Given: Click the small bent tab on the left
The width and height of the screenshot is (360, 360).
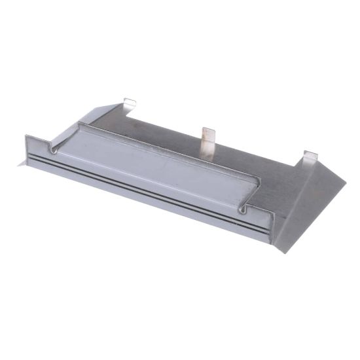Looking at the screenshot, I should coord(130,102).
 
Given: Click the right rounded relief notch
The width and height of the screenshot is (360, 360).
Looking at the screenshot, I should coord(245,208).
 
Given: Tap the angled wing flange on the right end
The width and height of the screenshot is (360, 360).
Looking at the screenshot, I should coord(308,203).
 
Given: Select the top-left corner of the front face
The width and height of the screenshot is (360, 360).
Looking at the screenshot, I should coord(27,136).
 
